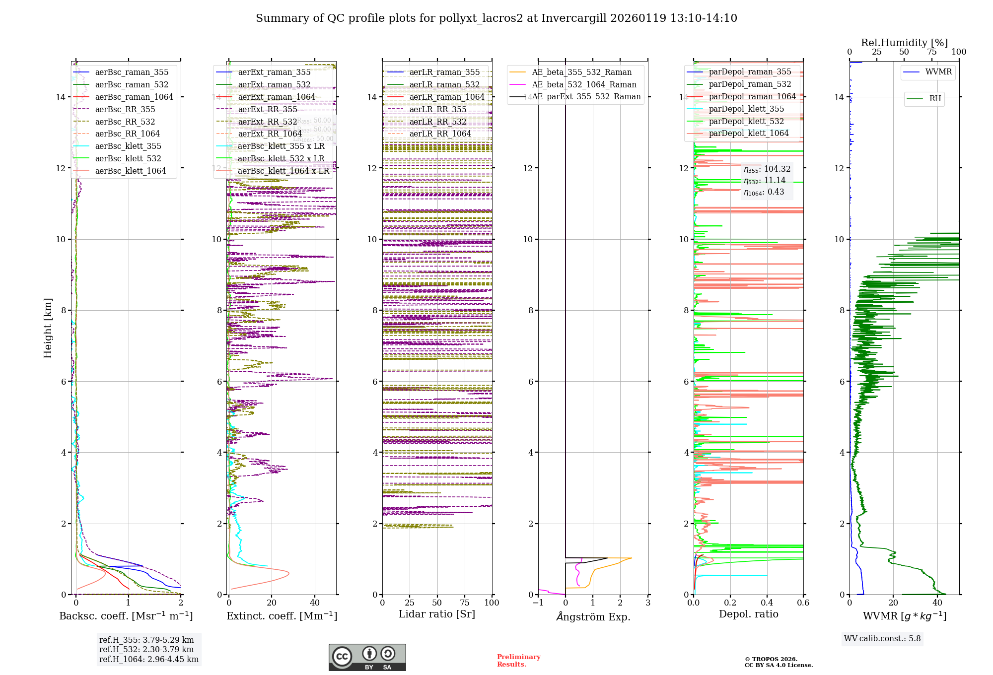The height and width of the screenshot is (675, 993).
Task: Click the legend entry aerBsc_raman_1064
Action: click(134, 97)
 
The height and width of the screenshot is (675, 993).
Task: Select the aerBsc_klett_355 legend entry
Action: click(128, 146)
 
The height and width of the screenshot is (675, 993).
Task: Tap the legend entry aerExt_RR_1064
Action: click(270, 134)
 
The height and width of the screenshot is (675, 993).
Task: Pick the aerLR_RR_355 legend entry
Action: click(437, 109)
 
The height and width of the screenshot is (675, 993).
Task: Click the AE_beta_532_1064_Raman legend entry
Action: click(584, 84)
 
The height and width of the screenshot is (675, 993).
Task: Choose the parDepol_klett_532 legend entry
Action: click(746, 121)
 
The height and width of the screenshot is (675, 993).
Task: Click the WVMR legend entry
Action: click(938, 72)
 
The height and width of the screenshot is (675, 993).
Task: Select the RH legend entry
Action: click(935, 99)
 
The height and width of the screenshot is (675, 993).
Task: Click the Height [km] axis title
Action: click(48, 328)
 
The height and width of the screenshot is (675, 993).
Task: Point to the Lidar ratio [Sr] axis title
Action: click(437, 614)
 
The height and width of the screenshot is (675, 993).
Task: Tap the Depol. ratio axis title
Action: click(748, 614)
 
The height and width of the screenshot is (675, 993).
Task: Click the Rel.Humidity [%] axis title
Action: click(904, 43)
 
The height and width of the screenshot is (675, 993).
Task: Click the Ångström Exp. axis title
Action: click(593, 616)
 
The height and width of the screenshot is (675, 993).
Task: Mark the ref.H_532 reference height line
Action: click(146, 649)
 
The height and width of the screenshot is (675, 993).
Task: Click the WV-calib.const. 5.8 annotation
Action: click(882, 639)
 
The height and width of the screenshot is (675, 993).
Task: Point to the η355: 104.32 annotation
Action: click(767, 169)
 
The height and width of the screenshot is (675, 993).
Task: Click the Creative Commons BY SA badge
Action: click(367, 657)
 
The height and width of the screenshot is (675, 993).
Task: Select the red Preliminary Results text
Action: click(518, 661)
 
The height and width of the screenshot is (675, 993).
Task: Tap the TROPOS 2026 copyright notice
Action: click(778, 662)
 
